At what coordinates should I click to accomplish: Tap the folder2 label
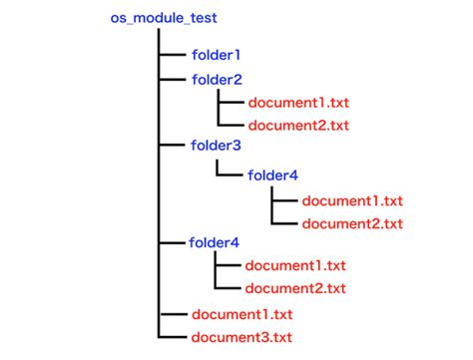(x=216, y=79)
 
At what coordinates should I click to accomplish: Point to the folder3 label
(x=216, y=146)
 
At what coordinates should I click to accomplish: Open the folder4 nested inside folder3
(x=271, y=176)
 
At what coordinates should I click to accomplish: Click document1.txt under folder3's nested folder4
(x=352, y=200)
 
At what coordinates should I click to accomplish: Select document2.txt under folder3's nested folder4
(x=352, y=223)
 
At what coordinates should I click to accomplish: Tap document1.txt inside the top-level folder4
(x=296, y=265)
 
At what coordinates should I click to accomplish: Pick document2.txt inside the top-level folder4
(x=296, y=288)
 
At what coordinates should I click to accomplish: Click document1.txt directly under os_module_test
(x=242, y=313)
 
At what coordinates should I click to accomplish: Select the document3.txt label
(x=242, y=336)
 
